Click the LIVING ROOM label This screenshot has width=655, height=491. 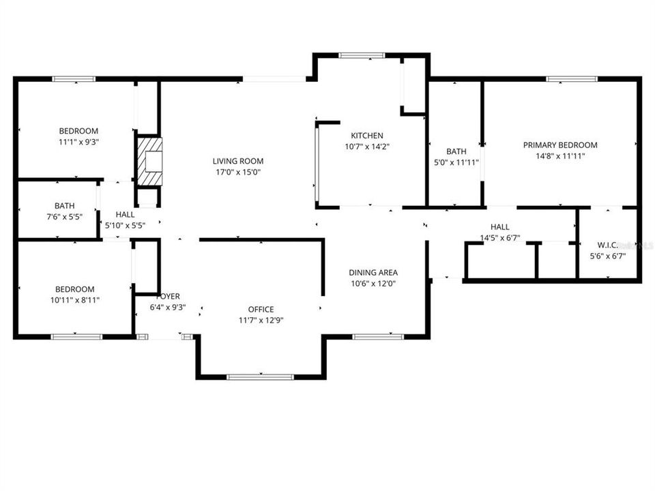pos(238,162)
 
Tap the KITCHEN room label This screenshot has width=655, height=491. pos(367,136)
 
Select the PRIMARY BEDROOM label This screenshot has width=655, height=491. pos(560,145)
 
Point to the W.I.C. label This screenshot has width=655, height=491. pos(607,245)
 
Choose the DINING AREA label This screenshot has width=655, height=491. pos(373,272)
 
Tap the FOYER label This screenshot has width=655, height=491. pos(168,297)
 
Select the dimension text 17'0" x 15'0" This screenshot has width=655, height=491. pos(238,172)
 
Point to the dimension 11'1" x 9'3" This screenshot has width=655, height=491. pos(78,142)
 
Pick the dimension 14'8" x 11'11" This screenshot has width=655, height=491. pos(560,156)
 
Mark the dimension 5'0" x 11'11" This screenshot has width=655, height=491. pos(456,162)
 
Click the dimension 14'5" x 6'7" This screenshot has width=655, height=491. pos(500,238)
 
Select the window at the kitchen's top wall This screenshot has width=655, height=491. pos(362,56)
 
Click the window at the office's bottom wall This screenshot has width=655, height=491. pos(260,376)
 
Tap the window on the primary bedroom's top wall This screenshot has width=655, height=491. pos(572,79)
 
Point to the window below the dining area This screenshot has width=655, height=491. pos(378,336)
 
